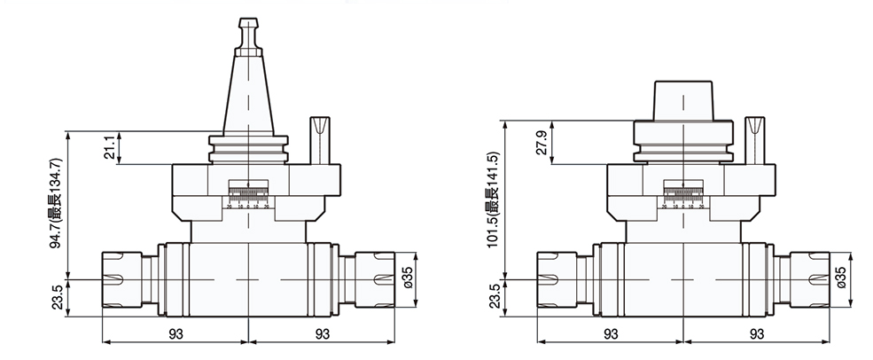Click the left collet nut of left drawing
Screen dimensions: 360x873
click(128, 280)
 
